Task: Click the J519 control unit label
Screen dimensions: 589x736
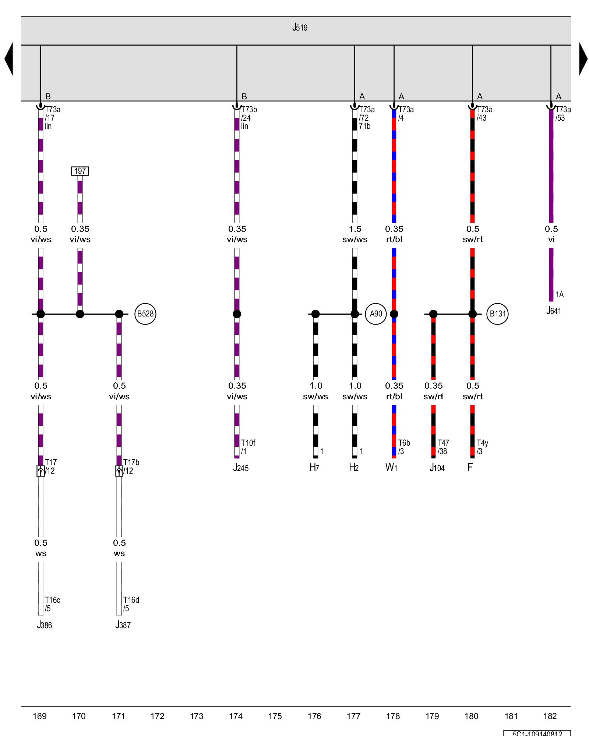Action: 300,28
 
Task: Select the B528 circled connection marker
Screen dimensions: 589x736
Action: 145,314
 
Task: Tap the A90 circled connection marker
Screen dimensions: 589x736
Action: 376,314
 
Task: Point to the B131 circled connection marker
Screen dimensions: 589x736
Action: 497,314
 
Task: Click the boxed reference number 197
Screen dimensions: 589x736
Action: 80,171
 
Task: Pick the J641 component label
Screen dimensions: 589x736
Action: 554,311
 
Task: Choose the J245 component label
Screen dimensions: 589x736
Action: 241,468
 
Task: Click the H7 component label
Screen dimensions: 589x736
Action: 314,468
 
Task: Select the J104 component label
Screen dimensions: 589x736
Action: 437,468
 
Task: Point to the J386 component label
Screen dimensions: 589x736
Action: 44,625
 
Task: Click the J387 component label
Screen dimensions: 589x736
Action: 123,625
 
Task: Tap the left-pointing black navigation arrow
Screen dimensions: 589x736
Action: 9,59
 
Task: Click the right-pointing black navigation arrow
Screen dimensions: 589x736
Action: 583,59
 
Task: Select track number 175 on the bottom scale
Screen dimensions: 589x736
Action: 275,716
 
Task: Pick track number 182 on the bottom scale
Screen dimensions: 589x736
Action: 550,716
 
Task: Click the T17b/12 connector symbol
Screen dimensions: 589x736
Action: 119,471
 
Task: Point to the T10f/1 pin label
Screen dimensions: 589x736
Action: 248,447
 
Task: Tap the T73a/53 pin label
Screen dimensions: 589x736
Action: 563,114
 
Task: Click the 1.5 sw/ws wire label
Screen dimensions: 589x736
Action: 355,234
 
